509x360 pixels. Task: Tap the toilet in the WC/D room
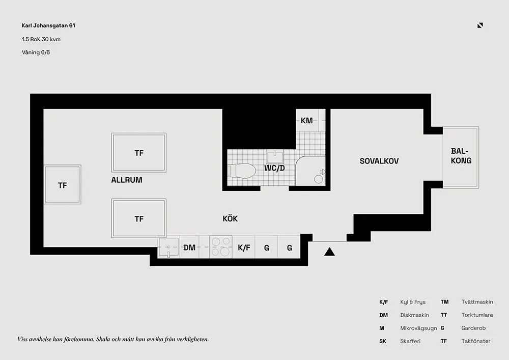coord(242,170)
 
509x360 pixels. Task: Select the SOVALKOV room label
coord(379,161)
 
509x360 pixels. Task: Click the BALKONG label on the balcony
coord(461,156)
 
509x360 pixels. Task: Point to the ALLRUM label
coord(127,180)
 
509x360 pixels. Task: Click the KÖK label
coord(230,219)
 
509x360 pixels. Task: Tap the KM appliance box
coord(306,121)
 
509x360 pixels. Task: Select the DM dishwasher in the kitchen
coord(189,248)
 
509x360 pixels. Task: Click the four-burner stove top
coord(221,247)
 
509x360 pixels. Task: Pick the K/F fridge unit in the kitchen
coord(244,248)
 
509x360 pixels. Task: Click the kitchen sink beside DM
coord(168,248)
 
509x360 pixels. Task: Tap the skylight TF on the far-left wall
coord(63,185)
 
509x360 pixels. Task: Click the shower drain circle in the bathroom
coord(319,179)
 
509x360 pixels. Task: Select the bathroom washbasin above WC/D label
coord(278,154)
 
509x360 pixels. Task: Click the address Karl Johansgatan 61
coord(49,25)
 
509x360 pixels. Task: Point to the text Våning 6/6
coord(36,52)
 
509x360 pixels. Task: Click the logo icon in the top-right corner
coord(480,25)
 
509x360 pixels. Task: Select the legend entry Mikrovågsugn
coord(418,328)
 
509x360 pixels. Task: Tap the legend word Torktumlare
coord(477,315)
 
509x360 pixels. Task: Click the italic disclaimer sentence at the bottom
coord(113,339)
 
